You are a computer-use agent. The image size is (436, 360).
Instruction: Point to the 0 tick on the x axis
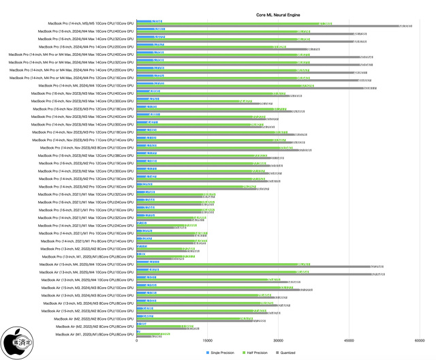click(x=137, y=341)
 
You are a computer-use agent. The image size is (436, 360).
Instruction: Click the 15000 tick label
click(x=207, y=341)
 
